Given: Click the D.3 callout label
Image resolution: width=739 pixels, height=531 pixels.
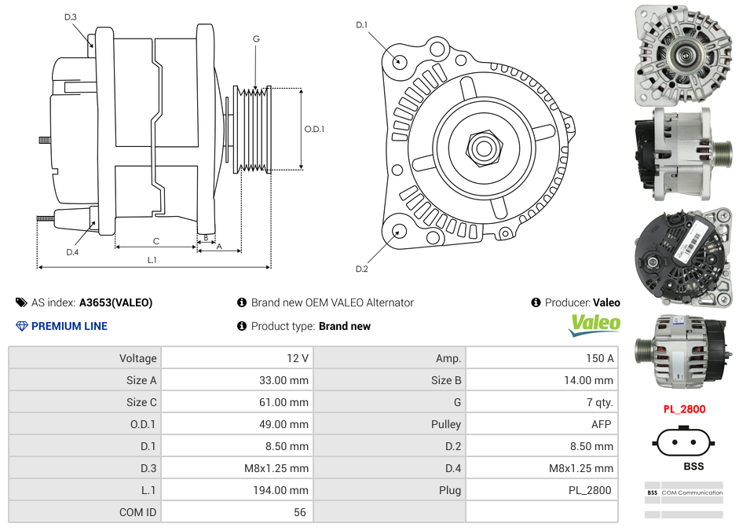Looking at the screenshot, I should tap(71, 16).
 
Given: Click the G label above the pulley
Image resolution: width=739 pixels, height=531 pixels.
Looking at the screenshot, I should tap(256, 38).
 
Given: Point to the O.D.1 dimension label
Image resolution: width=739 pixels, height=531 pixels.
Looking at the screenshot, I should tap(314, 129).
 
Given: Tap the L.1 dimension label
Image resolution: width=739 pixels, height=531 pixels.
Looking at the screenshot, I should tap(152, 259).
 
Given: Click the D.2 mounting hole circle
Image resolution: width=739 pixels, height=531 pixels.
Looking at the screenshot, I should tap(399, 231).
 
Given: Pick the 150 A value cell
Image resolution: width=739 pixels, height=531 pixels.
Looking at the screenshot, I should tap(599, 358).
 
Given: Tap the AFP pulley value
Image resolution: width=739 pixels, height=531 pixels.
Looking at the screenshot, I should tap(600, 424).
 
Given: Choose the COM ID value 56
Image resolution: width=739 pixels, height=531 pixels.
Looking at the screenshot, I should tap(299, 512).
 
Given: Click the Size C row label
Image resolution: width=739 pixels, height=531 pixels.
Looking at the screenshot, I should tap(141, 402).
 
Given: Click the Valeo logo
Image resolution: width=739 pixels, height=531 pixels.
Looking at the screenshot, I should tap(594, 324).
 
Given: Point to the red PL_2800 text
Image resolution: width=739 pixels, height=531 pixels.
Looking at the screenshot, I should tap(684, 408).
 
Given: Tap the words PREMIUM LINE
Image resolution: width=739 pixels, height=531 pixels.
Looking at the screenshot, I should tap(69, 326).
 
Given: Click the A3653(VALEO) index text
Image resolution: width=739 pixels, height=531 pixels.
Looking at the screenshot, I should tap(115, 302).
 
